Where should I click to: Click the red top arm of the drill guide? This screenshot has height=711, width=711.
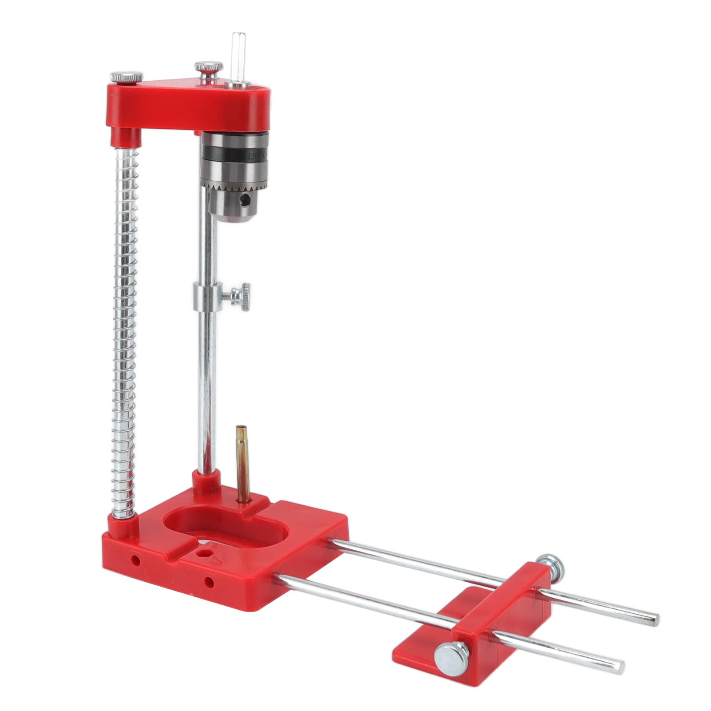pyautogui.click(x=191, y=102)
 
